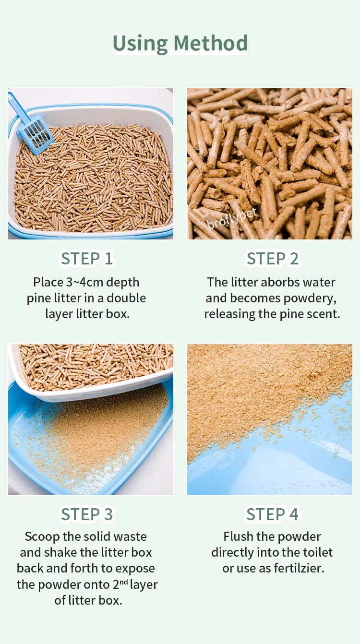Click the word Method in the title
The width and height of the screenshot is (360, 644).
[x=210, y=43]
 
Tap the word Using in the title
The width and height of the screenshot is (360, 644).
[x=140, y=44]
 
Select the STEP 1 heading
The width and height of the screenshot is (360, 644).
[x=86, y=259]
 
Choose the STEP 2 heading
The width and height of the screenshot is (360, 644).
[x=273, y=259]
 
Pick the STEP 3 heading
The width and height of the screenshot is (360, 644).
[x=86, y=514]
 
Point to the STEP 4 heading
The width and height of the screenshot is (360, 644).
[x=273, y=514]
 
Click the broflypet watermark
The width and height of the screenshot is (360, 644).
[x=232, y=218]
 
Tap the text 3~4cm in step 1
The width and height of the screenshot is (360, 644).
[x=85, y=282]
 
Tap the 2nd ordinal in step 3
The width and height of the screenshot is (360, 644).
[x=120, y=584]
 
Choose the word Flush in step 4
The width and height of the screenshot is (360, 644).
[x=238, y=537]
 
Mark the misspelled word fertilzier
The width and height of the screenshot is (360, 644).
[x=299, y=568]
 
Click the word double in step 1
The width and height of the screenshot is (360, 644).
[x=126, y=298]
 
